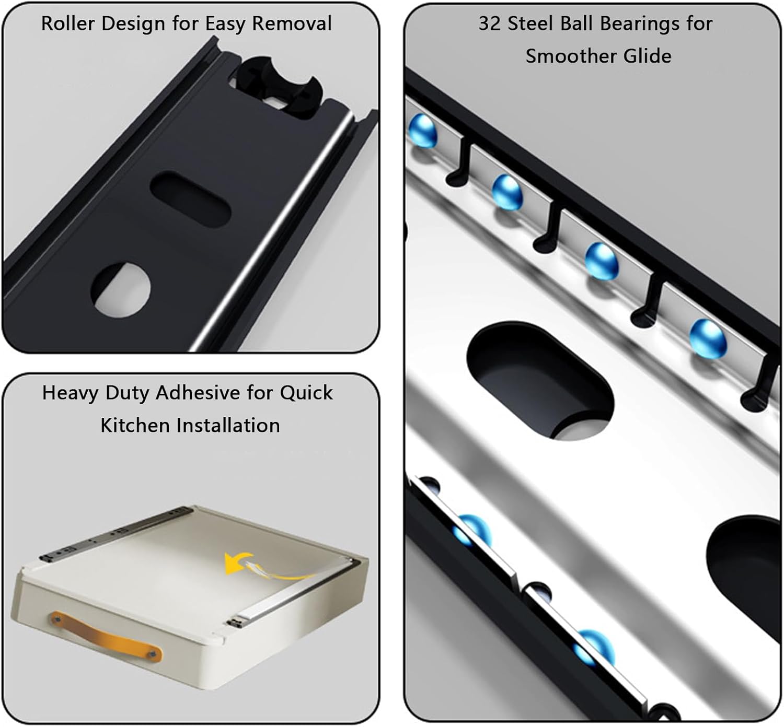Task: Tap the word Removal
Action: coord(292,24)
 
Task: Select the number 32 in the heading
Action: coord(490,24)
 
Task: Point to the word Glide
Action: coord(647,55)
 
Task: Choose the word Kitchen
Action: coord(135,425)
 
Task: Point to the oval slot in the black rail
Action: coord(190,199)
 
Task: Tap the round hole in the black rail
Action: coord(121,290)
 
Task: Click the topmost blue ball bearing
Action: coord(423,132)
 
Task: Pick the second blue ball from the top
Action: coord(508,192)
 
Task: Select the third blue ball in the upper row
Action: coord(602,261)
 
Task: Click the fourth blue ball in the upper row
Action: coord(708,339)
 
